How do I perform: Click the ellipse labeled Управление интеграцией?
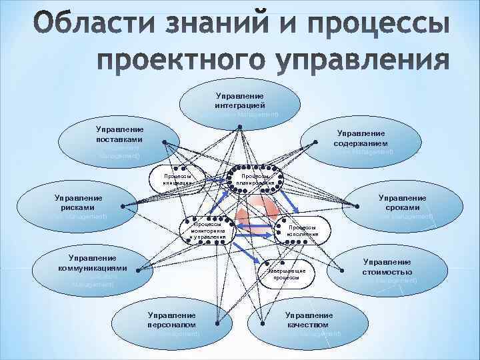click(x=239, y=104)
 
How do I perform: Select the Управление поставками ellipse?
click(x=119, y=140)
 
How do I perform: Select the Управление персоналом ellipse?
click(x=171, y=321)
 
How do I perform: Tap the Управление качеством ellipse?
click(x=308, y=321)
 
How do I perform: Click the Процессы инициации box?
click(x=178, y=179)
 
